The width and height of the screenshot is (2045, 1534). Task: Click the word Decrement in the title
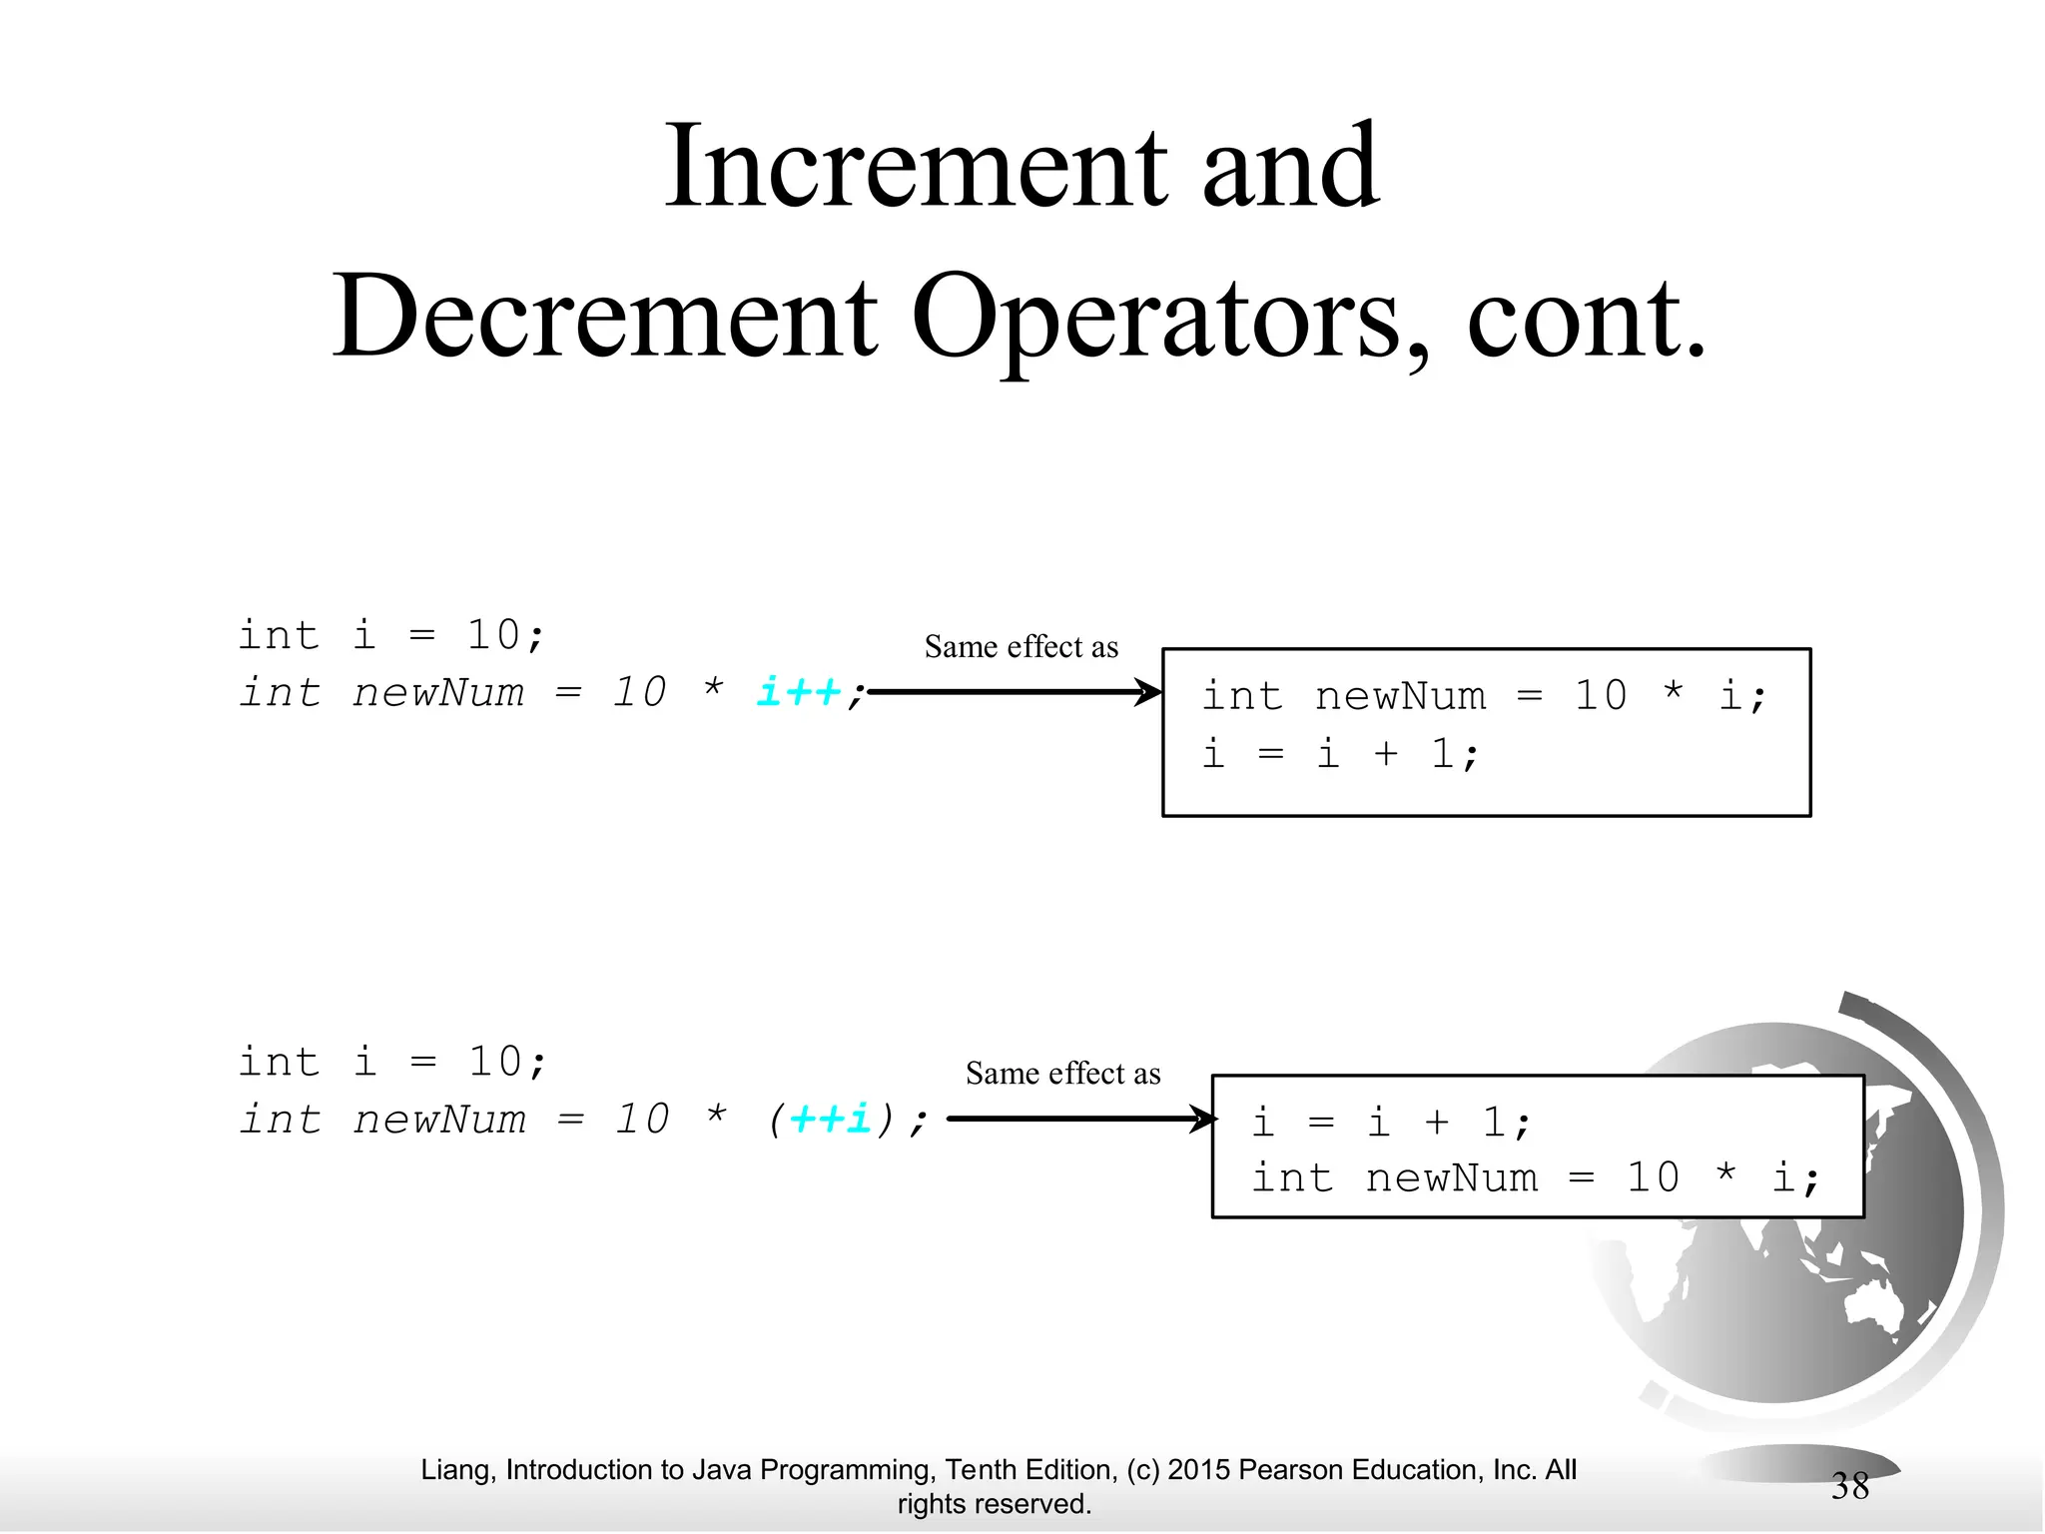(605, 317)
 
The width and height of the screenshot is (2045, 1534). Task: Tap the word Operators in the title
(1170, 317)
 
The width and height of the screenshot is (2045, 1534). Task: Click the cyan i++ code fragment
(799, 691)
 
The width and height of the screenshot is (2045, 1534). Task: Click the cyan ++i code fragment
(830, 1119)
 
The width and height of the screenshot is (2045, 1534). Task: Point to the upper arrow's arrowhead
(1149, 691)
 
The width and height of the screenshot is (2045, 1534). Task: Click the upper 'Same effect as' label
(1021, 647)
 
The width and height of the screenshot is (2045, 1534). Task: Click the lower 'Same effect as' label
(1062, 1074)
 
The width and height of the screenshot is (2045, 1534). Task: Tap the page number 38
(1849, 1487)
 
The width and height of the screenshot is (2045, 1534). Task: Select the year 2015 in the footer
(1199, 1470)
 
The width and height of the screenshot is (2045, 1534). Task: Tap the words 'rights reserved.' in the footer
(994, 1504)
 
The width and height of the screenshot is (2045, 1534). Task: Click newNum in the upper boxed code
(1400, 696)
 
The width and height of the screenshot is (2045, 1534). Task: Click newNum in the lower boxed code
(1451, 1178)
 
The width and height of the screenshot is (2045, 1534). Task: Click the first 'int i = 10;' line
(391, 635)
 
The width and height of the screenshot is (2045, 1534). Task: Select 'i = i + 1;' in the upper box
(1339, 754)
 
